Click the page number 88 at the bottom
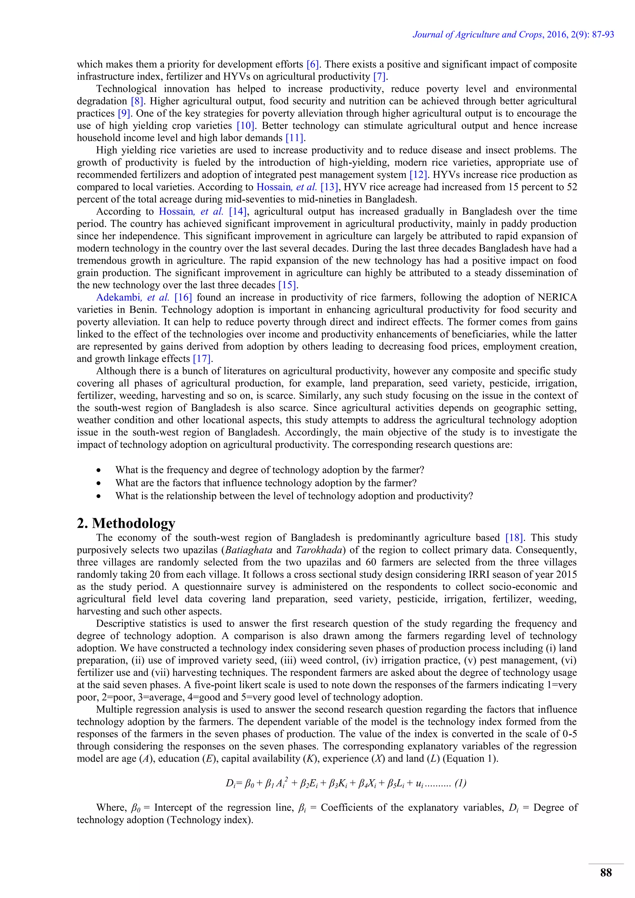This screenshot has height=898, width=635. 606,872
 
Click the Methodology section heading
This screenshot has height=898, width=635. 126,523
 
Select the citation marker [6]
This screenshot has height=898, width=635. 313,64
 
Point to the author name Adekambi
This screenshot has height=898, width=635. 119,297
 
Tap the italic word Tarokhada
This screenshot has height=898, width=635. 319,549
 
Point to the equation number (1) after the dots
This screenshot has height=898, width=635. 460,783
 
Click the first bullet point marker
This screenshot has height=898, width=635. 99,470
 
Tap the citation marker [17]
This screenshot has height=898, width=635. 202,359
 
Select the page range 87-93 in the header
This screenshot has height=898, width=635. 603,34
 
